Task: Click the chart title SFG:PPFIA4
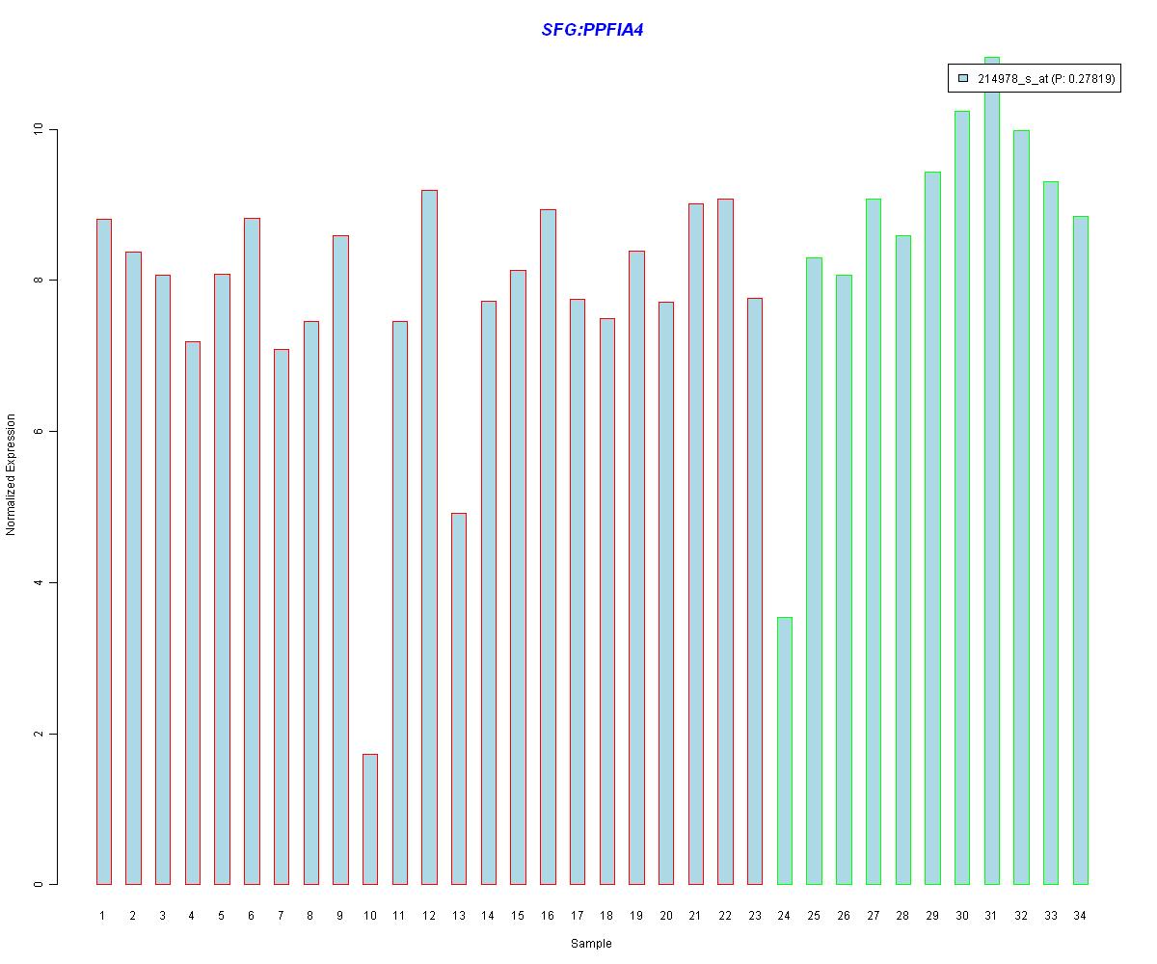[592, 30]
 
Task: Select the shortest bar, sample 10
[369, 819]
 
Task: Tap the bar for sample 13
[458, 699]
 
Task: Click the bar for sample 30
[961, 497]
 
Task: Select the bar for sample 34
[1080, 549]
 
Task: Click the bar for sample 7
[281, 617]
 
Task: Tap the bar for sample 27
[873, 541]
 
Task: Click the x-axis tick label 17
[577, 916]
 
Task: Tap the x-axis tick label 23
[754, 916]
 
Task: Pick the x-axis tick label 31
[991, 916]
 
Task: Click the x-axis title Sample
[591, 944]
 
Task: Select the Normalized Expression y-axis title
[12, 474]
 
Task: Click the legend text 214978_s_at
[1012, 80]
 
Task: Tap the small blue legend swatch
[962, 79]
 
